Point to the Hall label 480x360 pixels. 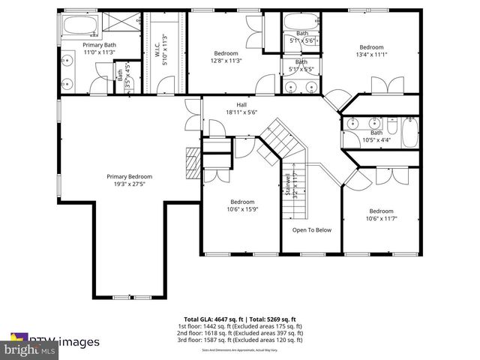pyautogui.click(x=241, y=108)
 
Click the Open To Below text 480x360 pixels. pyautogui.click(x=312, y=230)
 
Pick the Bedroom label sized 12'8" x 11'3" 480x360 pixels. pyautogui.click(x=226, y=57)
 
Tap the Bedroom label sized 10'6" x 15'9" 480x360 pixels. pyautogui.click(x=241, y=205)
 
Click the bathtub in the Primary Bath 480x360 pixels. pyautogui.click(x=79, y=25)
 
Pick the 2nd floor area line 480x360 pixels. pyautogui.click(x=240, y=332)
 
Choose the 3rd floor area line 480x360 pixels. pyautogui.click(x=240, y=340)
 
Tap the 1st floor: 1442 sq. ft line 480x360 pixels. pyautogui.click(x=240, y=325)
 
